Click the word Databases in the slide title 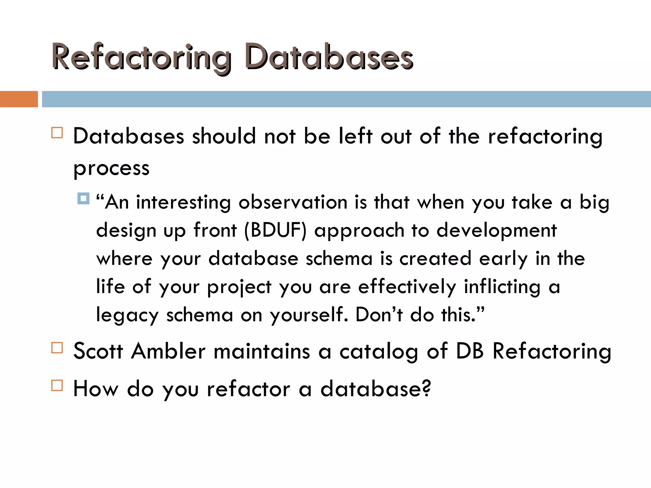[329, 57]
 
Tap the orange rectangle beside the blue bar [19, 99]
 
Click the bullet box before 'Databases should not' [57, 132]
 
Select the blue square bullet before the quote [83, 199]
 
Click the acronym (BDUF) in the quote [275, 230]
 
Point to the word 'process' [111, 168]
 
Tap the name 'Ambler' [169, 351]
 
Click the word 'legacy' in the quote [127, 315]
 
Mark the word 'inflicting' [502, 287]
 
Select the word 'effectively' [407, 287]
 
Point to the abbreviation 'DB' [470, 351]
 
